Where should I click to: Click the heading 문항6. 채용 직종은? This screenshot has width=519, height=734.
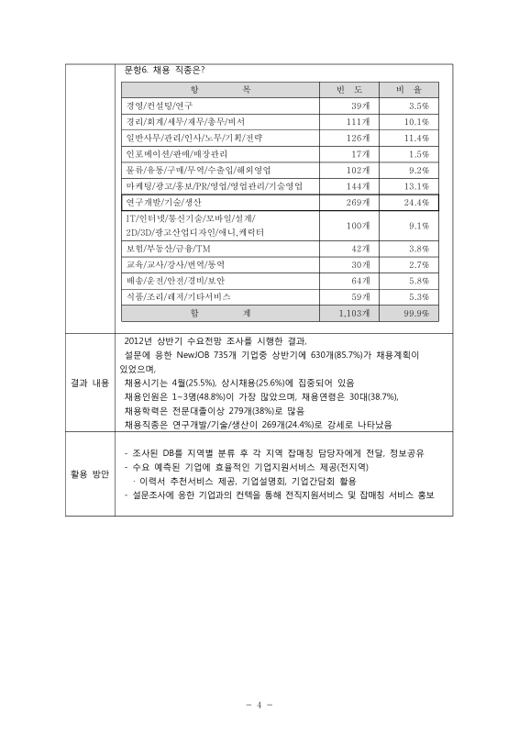164,70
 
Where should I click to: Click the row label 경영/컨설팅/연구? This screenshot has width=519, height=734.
158,106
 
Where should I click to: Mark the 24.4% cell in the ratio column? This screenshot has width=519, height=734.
416,202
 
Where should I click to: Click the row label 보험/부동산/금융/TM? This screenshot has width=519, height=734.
163,249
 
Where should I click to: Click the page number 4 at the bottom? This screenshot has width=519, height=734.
259,705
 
